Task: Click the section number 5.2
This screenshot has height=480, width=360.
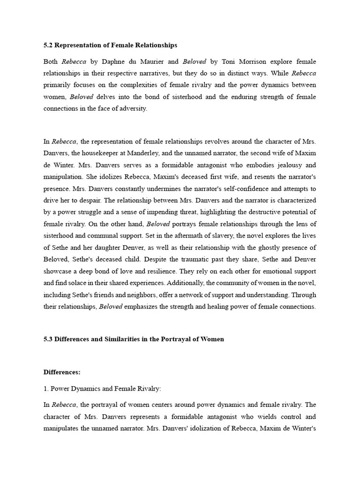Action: coord(48,45)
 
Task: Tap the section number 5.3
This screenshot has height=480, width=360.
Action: coord(48,339)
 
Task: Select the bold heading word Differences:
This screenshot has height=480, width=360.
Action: coord(62,372)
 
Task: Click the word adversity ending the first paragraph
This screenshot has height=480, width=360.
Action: coord(134,108)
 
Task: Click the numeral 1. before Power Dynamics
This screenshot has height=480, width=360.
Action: coord(46,389)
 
